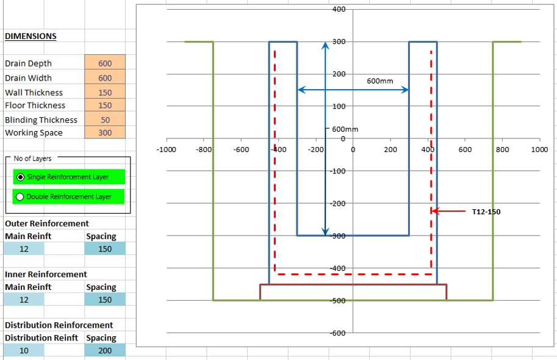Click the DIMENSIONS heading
click(31, 36)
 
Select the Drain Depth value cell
click(105, 63)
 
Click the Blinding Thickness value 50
click(105, 120)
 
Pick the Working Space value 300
click(105, 132)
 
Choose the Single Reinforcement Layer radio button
click(21, 177)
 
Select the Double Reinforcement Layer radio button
click(21, 196)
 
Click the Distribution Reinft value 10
click(23, 350)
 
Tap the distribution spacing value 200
click(105, 350)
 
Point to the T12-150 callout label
click(486, 212)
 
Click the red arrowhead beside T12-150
click(434, 211)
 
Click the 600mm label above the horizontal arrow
click(380, 81)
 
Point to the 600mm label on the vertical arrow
click(345, 129)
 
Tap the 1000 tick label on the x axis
click(539, 149)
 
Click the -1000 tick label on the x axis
click(167, 149)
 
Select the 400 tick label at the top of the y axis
click(339, 9)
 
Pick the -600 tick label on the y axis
click(337, 333)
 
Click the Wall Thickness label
click(34, 92)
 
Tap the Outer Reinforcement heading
click(47, 223)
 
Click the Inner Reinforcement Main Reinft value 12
click(23, 300)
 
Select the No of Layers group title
click(33, 158)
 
